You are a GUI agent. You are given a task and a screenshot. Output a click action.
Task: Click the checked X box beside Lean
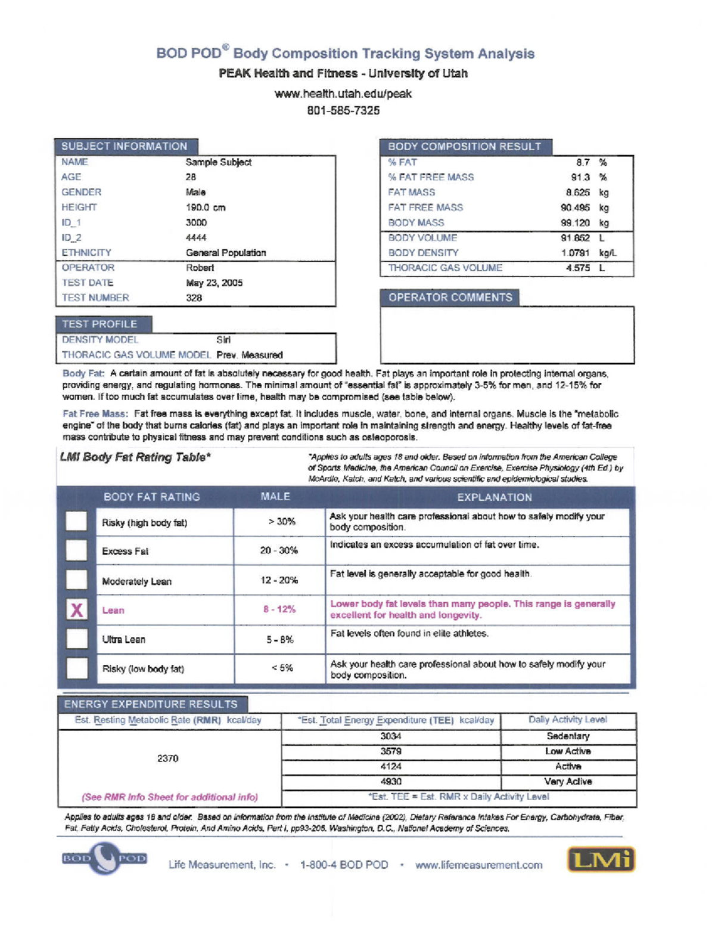(77, 609)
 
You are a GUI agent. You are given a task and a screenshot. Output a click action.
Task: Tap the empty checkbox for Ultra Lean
(77, 639)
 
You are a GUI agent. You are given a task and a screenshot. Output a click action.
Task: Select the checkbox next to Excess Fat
(76, 550)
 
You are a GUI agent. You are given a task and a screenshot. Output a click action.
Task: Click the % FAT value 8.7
(582, 162)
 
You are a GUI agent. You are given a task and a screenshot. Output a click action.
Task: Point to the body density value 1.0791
(575, 253)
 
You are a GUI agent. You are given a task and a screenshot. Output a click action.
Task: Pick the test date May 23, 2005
(214, 283)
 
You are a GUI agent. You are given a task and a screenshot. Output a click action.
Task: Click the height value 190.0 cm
(205, 208)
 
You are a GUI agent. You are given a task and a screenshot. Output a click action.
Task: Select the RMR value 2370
(167, 758)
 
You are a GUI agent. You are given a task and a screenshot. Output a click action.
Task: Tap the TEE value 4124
(390, 766)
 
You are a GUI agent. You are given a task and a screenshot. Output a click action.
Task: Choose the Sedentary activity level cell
(568, 736)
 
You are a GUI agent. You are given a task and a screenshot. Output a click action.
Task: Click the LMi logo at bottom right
(601, 859)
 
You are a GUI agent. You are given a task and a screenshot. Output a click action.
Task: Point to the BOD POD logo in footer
(105, 858)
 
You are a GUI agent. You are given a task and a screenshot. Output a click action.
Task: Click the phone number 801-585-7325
(343, 110)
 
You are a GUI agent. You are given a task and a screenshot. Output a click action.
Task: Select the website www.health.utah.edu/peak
(343, 94)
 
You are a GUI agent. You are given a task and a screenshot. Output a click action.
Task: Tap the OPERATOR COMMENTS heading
(450, 298)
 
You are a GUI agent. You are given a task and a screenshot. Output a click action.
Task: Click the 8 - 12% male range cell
(279, 609)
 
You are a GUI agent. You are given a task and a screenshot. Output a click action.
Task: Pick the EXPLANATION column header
(494, 497)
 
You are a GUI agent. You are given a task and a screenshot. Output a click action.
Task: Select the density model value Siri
(223, 340)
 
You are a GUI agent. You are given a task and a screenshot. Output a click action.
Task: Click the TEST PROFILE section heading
(100, 324)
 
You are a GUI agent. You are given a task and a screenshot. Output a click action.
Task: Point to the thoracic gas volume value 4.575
(578, 268)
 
